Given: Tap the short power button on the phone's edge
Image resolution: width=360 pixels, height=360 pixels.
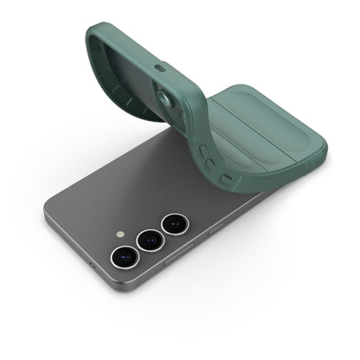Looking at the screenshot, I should click(215, 227).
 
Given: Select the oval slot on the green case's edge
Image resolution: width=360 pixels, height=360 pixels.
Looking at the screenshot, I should click(158, 67).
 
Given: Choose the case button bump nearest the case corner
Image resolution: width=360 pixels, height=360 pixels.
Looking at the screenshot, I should click(227, 179).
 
